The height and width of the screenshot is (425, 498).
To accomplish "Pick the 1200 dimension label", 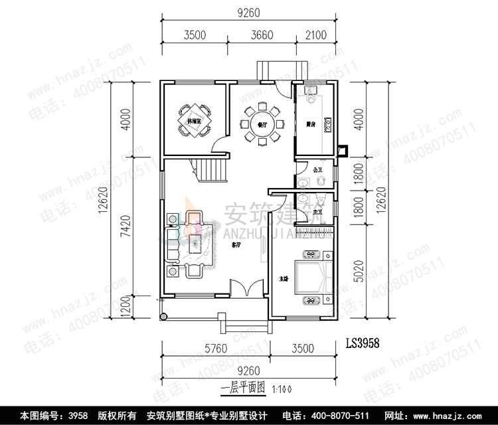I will (x=124, y=307).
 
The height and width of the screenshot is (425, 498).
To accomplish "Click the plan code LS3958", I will (x=363, y=344).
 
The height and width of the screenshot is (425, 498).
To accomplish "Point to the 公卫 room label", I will (x=317, y=171).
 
